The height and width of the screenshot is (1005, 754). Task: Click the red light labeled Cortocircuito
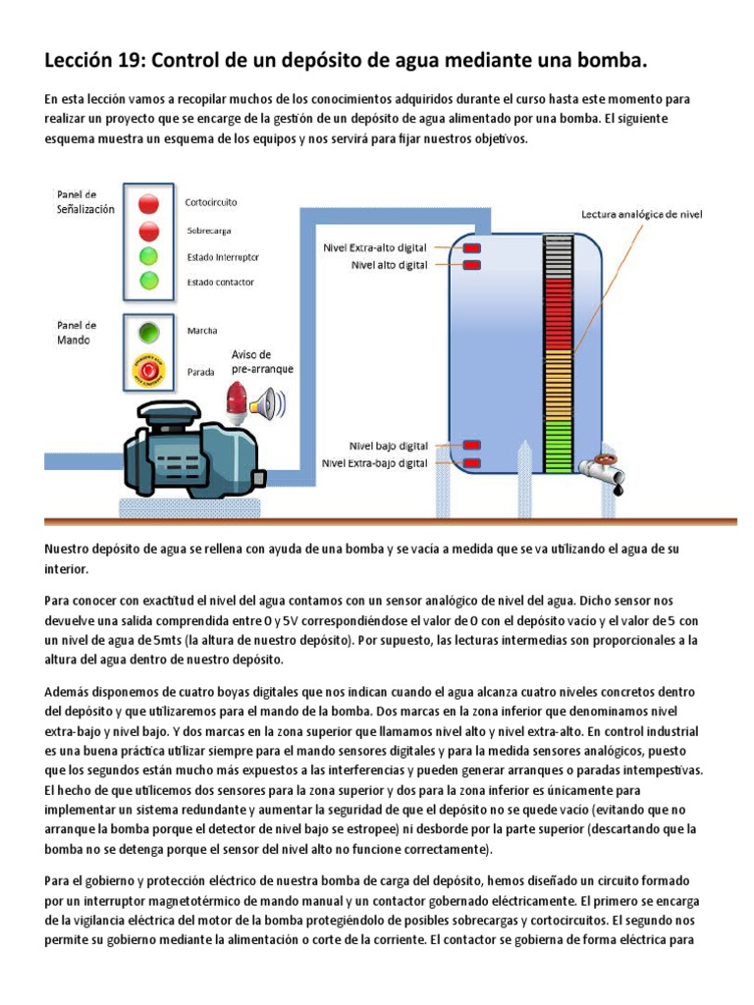point(148,203)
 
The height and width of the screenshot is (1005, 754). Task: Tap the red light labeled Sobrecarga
point(148,231)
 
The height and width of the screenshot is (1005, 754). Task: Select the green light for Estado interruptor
point(148,256)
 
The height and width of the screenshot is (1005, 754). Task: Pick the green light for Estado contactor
point(148,282)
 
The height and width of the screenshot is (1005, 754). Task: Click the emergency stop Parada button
point(148,372)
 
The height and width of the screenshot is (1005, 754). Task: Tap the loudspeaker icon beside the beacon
point(266,401)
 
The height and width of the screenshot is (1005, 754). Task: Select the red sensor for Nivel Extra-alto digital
point(471,247)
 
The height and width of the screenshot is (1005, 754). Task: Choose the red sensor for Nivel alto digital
point(471,265)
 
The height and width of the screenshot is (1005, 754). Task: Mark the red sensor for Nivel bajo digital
point(471,445)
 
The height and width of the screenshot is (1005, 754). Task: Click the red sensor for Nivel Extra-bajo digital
point(471,462)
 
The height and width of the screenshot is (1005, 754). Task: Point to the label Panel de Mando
point(77,332)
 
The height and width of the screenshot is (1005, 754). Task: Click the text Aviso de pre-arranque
point(261,361)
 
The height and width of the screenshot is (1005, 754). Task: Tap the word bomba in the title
point(615,62)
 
